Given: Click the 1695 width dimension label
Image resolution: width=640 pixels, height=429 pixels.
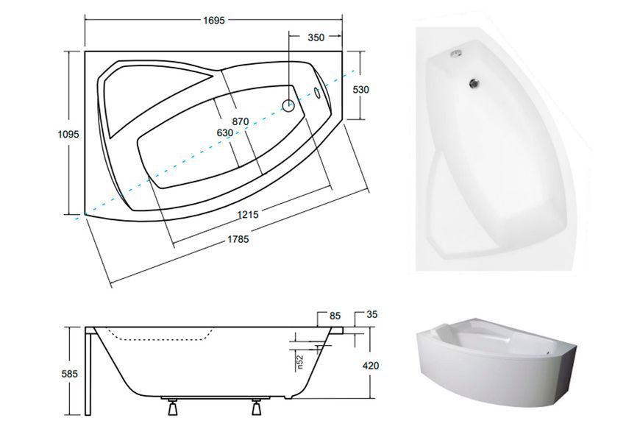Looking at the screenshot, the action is click(214, 20).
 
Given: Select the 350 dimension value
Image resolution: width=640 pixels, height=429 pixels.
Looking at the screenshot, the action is click(316, 38).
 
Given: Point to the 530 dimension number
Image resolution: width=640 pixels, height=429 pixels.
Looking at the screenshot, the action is click(360, 89).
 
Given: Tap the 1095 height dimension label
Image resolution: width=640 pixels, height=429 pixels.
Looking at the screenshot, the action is click(68, 134).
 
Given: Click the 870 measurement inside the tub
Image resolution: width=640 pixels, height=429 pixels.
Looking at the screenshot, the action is click(241, 121).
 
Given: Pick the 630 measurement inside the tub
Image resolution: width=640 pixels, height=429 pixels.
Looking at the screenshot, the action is click(225, 132).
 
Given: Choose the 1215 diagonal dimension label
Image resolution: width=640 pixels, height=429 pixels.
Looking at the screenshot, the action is click(248, 214).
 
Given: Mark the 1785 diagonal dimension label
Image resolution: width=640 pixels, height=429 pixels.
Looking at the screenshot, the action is click(238, 240).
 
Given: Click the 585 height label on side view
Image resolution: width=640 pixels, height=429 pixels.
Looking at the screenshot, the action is click(69, 374).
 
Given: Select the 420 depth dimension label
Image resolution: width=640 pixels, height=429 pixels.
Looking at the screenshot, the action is click(370, 365).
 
